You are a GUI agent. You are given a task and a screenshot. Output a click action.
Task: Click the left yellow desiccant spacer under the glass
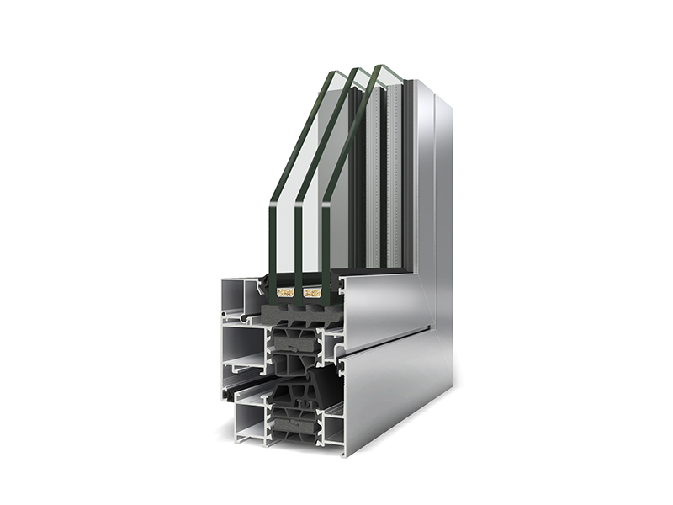[285, 293]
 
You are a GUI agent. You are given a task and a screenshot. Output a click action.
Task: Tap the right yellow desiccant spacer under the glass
[312, 293]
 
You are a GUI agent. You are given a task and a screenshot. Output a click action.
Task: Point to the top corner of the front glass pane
[328, 73]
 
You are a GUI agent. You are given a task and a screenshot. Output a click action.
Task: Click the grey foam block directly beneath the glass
[294, 313]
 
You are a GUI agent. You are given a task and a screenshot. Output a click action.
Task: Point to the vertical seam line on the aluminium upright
[434, 210]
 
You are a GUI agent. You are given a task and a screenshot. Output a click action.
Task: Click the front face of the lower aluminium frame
[395, 396]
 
